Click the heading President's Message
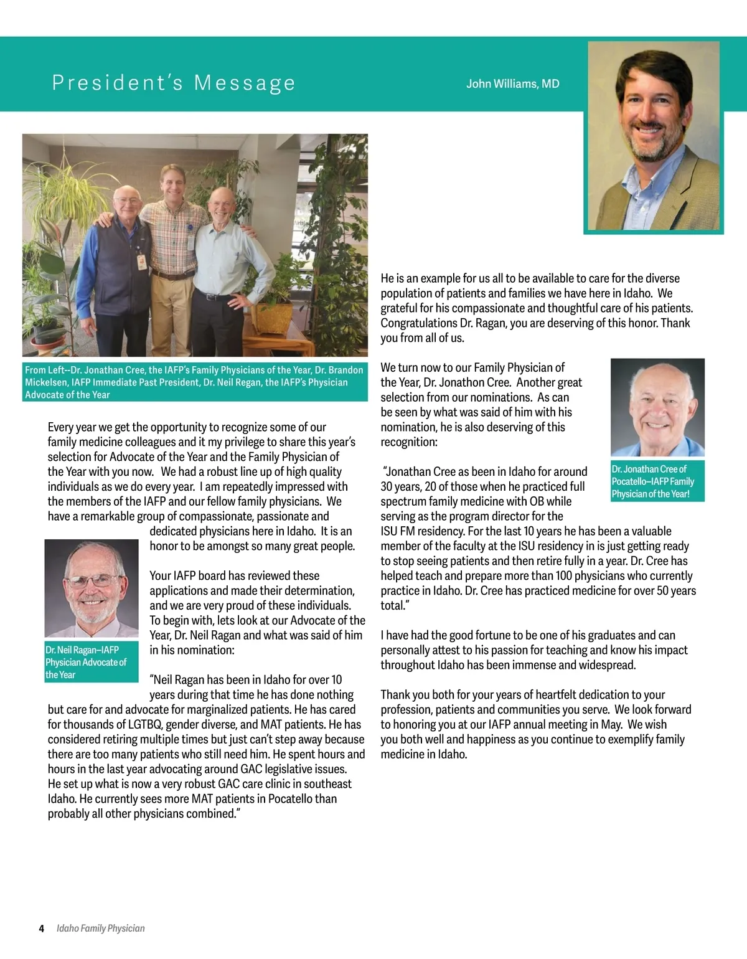(x=174, y=83)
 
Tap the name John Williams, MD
(x=512, y=84)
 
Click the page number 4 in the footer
(x=42, y=928)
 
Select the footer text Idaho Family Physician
(x=100, y=928)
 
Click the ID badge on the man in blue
(x=142, y=262)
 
